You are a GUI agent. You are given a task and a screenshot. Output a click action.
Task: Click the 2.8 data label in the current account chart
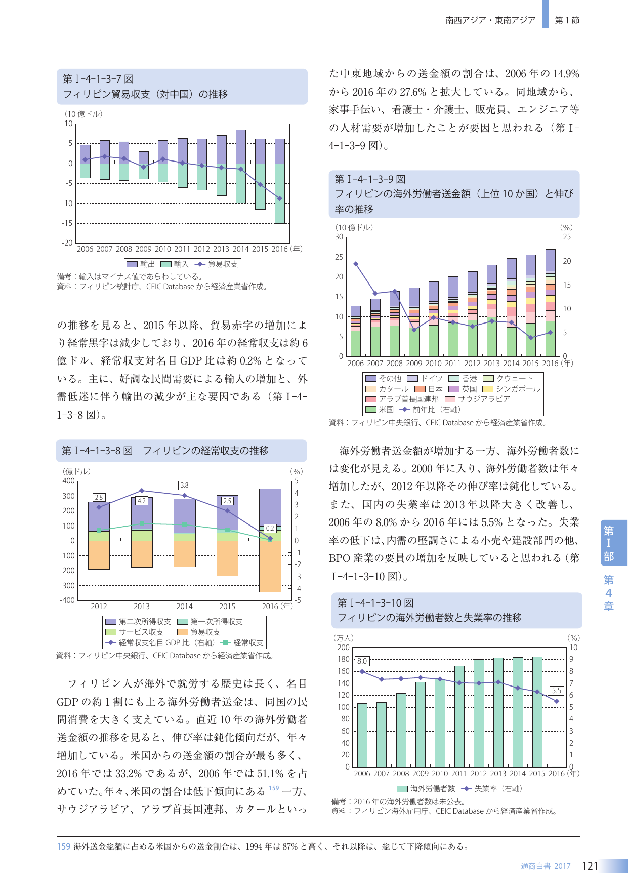pos(99,498)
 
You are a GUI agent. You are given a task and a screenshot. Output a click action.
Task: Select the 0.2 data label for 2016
pos(270,528)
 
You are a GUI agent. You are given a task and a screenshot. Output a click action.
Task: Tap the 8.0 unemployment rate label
pos(362,661)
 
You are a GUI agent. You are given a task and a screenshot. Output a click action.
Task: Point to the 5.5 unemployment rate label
pos(557,691)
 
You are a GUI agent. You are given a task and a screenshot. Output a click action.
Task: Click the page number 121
pos(590,866)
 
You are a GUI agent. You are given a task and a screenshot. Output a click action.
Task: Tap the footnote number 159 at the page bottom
pos(63,846)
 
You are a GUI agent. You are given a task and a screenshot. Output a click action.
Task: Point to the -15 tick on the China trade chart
pos(67,223)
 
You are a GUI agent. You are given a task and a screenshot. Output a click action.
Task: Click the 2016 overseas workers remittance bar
pos(551,303)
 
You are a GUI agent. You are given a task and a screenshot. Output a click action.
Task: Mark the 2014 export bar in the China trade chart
pos(241,147)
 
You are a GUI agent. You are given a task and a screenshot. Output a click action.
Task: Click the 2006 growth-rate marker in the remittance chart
pos(356,264)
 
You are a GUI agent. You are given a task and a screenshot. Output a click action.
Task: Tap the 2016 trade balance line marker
pos(279,198)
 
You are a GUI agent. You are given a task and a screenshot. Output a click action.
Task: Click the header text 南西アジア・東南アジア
pos(490,20)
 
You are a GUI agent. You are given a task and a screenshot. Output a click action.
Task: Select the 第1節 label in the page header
pos(567,20)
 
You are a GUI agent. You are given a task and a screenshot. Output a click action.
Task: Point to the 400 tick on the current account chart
pos(68,481)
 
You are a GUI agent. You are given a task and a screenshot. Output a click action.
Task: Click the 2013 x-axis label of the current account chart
pos(142,606)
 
